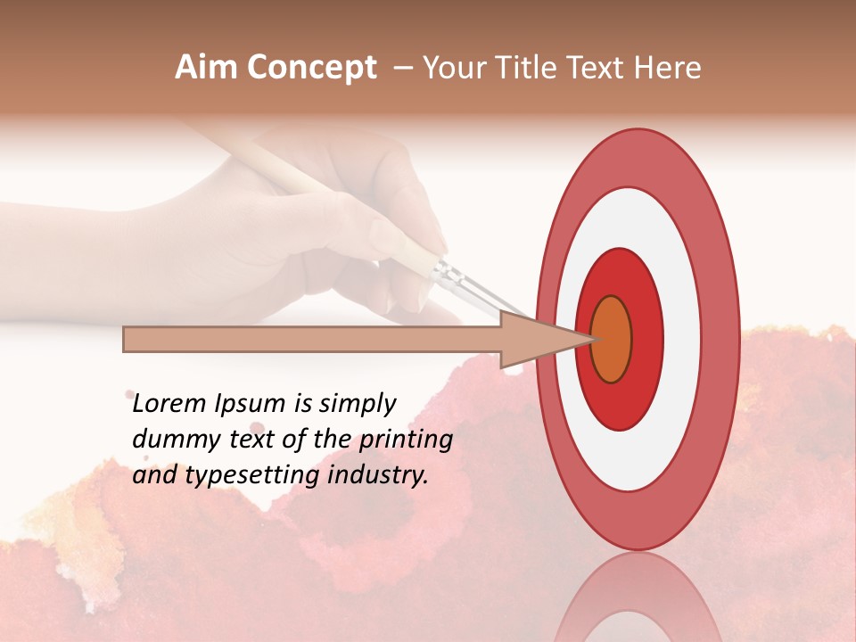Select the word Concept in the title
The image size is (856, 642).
pyautogui.click(x=311, y=69)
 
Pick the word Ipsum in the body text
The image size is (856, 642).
pyautogui.click(x=251, y=404)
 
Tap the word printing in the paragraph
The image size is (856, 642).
pyautogui.click(x=406, y=440)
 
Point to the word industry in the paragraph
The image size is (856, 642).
pyautogui.click(x=378, y=475)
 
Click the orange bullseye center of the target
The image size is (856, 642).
pyautogui.click(x=611, y=339)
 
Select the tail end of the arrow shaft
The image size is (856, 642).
pyautogui.click(x=130, y=339)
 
